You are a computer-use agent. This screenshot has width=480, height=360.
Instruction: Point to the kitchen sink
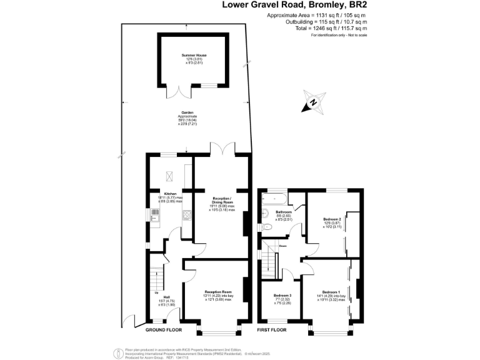(x=154, y=214)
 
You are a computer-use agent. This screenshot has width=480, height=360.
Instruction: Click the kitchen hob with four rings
(x=186, y=215)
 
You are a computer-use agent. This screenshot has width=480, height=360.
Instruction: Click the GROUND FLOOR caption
(x=164, y=329)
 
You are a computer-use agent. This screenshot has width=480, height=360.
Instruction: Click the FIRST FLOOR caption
(x=272, y=329)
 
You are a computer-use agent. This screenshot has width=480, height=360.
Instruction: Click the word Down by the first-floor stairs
(x=282, y=246)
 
